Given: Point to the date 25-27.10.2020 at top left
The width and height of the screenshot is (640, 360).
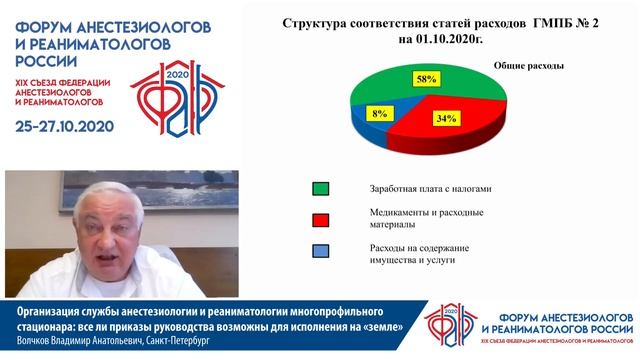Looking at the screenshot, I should (65, 126).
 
